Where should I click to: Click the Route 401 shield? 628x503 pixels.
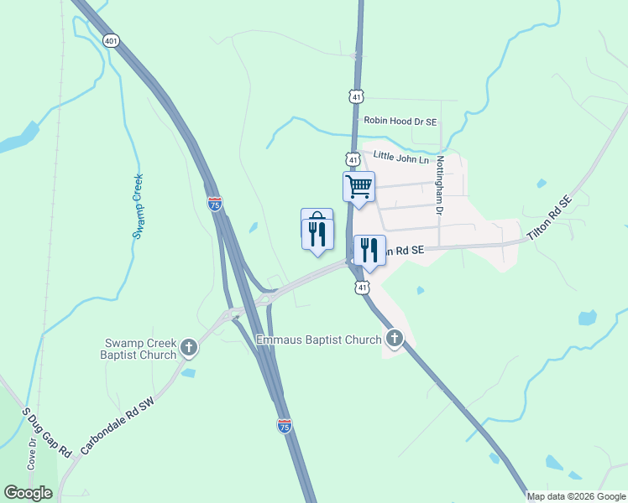[x=111, y=39]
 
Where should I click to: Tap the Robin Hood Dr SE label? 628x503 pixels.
[x=400, y=122]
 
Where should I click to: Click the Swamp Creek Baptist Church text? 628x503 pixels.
[x=140, y=348]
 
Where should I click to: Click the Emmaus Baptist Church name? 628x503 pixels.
[x=319, y=340]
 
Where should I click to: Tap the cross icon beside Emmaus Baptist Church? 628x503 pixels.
[x=395, y=340]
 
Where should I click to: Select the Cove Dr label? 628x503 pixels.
[x=32, y=453]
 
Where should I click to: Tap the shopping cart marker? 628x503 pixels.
[x=358, y=186]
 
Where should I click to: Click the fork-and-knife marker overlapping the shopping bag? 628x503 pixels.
[x=317, y=233]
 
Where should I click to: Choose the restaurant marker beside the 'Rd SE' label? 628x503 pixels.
[x=369, y=250]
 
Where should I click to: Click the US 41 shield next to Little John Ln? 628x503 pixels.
[x=353, y=159]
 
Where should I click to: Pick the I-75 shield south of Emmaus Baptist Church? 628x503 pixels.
[x=285, y=426]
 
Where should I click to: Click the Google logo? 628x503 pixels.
[x=29, y=493]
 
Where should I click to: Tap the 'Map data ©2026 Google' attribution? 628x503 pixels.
[x=576, y=496]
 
